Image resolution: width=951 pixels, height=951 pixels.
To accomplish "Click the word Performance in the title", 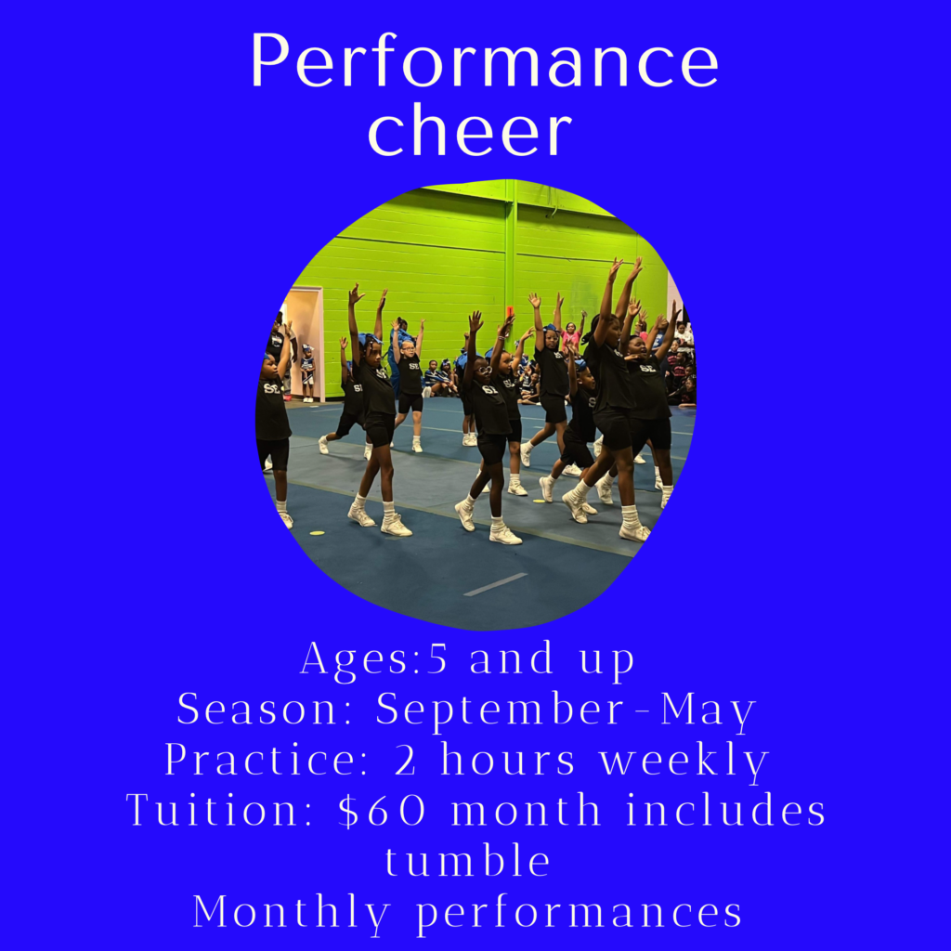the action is click(485, 60).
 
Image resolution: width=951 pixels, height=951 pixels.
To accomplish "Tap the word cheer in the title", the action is click(470, 129).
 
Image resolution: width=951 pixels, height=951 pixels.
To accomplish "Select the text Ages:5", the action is click(374, 658).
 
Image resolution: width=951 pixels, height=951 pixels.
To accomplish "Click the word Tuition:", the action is click(220, 809).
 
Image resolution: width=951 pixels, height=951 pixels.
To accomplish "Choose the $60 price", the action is click(382, 810).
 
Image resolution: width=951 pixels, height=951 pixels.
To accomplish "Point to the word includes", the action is click(725, 809).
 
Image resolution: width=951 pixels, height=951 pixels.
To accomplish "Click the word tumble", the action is click(468, 859).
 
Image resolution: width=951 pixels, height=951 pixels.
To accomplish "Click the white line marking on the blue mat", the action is click(496, 585).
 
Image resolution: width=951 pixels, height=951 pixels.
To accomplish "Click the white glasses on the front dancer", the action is click(483, 370).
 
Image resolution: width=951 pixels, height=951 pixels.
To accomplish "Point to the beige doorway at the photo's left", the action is click(305, 343).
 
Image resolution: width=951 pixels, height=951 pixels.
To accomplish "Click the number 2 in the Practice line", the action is click(405, 760).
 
